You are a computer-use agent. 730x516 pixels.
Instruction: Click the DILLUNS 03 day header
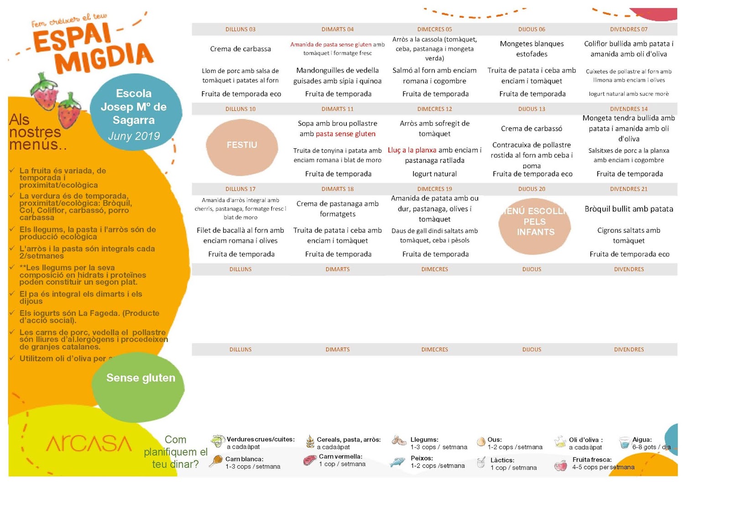pyautogui.click(x=240, y=29)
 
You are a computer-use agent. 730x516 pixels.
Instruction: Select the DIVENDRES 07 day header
pyautogui.click(x=629, y=29)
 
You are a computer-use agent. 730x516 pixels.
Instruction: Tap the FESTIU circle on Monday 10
pyautogui.click(x=242, y=145)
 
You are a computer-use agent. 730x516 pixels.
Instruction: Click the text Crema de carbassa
pyautogui.click(x=240, y=49)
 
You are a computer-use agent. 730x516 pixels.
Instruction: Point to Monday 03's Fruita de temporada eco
pyautogui.click(x=241, y=94)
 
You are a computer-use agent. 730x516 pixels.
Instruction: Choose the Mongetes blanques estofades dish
pyautogui.click(x=532, y=49)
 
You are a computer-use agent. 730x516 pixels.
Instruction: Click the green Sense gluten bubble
pyautogui.click(x=140, y=379)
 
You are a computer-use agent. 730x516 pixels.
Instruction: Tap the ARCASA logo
pyautogui.click(x=89, y=443)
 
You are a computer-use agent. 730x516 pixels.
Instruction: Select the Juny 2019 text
pyautogui.click(x=134, y=136)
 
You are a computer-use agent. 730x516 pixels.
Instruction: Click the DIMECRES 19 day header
pyautogui.click(x=434, y=189)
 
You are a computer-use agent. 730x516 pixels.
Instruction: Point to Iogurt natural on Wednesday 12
pyautogui.click(x=434, y=174)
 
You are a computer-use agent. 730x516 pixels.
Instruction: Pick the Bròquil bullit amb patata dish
pyautogui.click(x=629, y=209)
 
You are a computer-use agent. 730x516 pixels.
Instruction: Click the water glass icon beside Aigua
pyautogui.click(x=624, y=443)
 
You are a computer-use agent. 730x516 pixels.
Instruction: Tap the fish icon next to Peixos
pyautogui.click(x=397, y=462)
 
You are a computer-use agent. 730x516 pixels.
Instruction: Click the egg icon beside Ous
pyautogui.click(x=480, y=442)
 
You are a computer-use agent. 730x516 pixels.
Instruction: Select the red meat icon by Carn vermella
pyautogui.click(x=310, y=460)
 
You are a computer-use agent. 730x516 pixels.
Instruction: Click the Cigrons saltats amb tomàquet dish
pyautogui.click(x=629, y=235)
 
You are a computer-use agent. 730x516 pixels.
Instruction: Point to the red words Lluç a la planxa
pyautogui.click(x=412, y=150)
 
